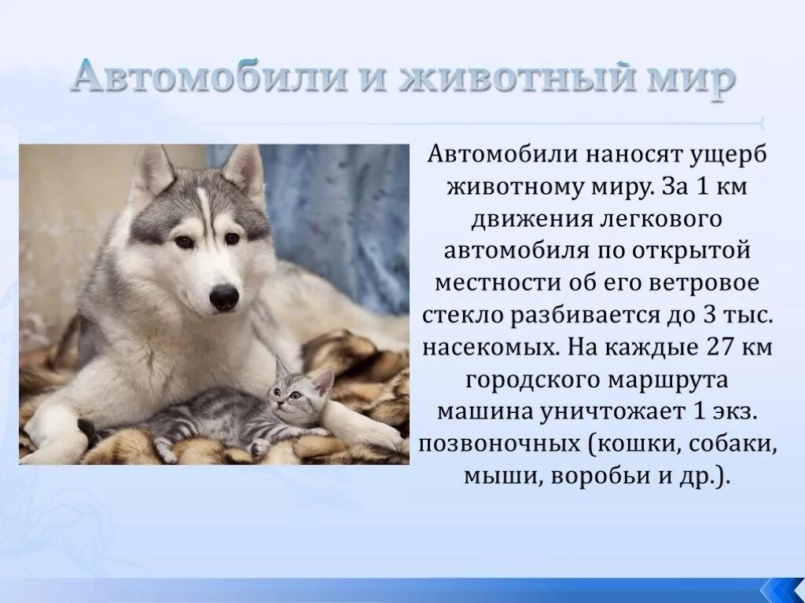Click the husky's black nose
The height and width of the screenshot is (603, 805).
point(224,297)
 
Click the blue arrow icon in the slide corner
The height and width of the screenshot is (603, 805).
point(781,588)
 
